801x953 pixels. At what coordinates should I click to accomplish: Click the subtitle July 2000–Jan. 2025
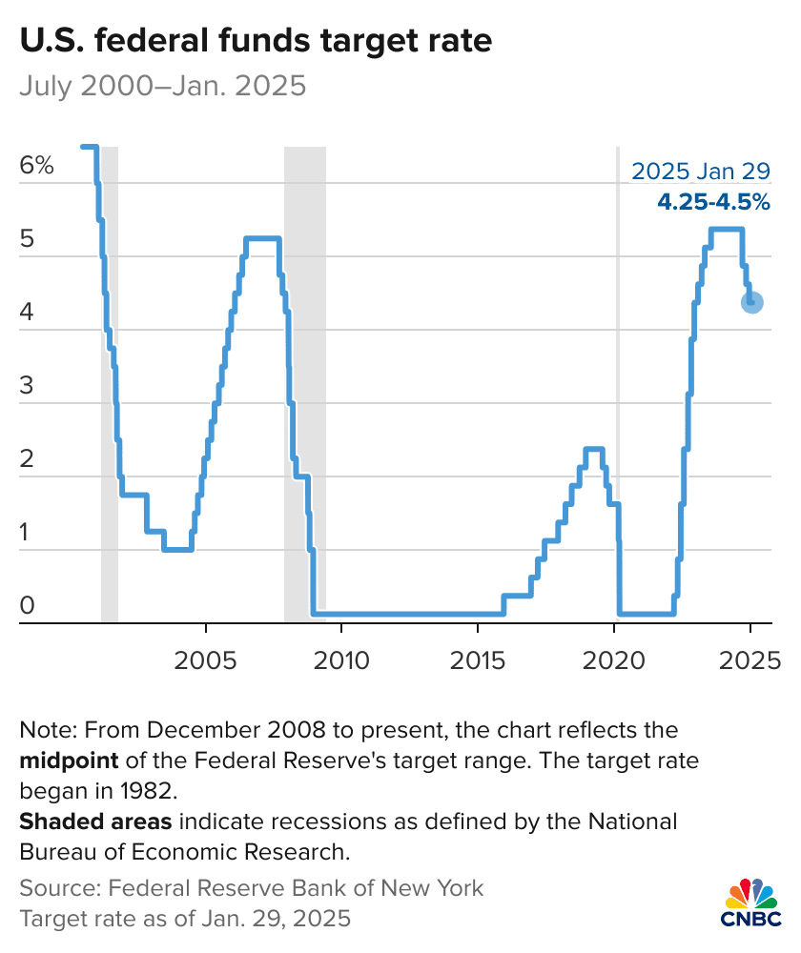coord(162,87)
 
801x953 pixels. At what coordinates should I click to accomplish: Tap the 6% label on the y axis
coord(36,166)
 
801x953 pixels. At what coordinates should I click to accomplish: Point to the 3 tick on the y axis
coord(27,386)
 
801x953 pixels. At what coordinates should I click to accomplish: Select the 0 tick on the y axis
coord(27,605)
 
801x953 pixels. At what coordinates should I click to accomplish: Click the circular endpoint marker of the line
coord(751,302)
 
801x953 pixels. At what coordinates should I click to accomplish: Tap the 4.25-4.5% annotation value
coord(713,202)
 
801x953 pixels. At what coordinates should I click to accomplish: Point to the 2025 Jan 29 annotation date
coord(701,172)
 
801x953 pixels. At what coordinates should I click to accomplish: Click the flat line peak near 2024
coord(727,229)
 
